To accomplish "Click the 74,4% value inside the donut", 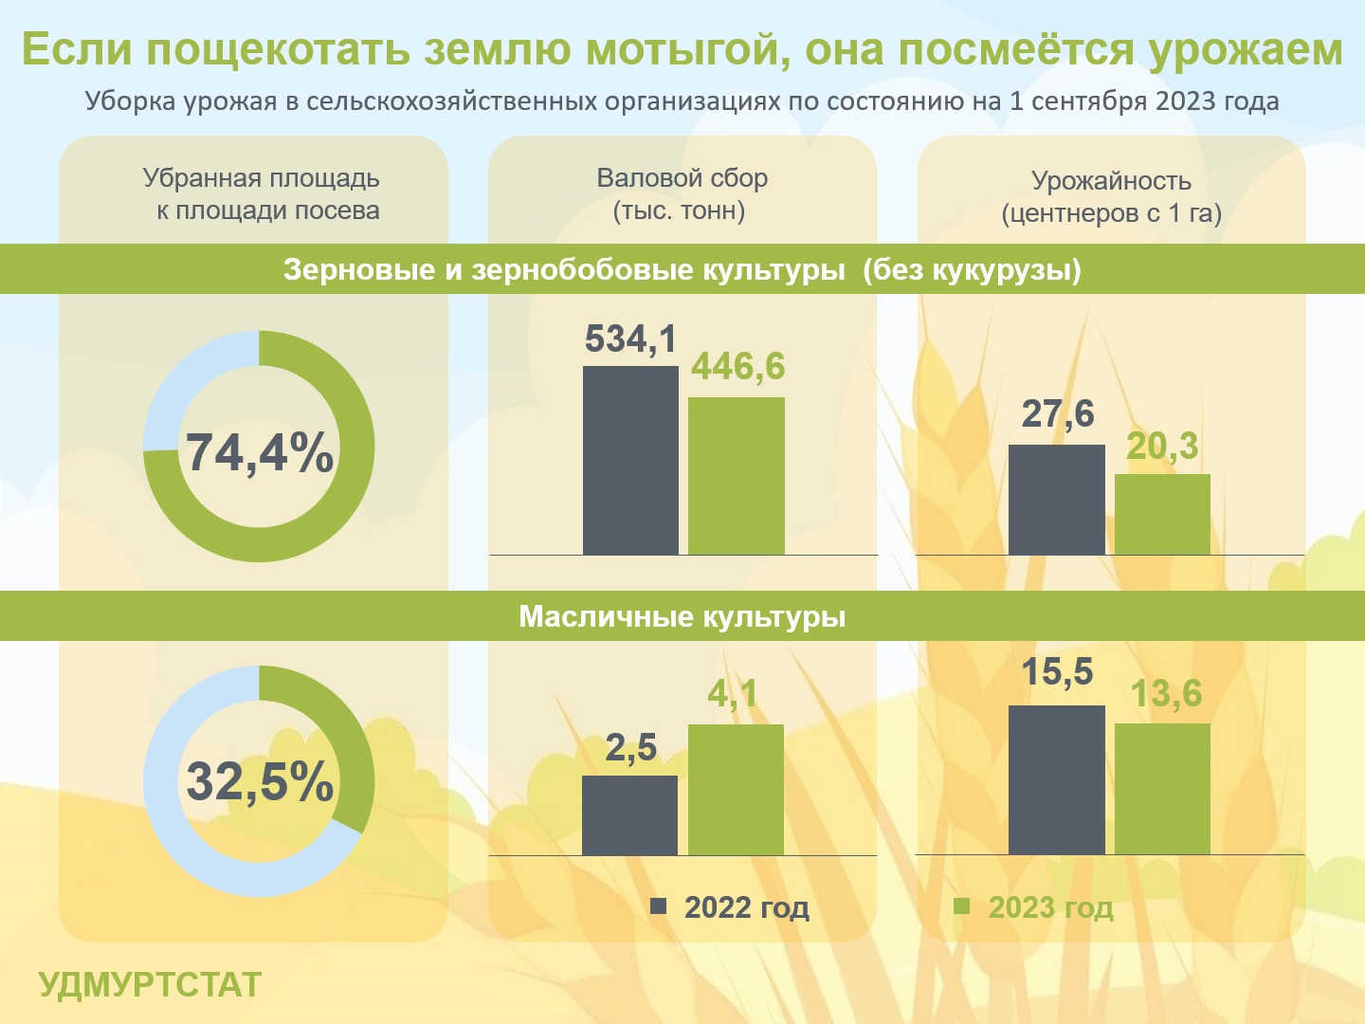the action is pyautogui.click(x=260, y=452).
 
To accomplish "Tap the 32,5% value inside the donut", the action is pyautogui.click(x=260, y=781).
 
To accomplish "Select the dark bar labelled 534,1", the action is pyautogui.click(x=630, y=460).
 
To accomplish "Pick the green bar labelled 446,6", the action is pyautogui.click(x=737, y=476).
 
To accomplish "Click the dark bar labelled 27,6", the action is pyautogui.click(x=1057, y=500).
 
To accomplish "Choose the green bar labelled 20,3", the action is pyautogui.click(x=1162, y=515).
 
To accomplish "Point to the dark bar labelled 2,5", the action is pyautogui.click(x=630, y=815).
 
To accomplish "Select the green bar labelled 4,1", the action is pyautogui.click(x=736, y=790).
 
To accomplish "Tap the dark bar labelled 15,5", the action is pyautogui.click(x=1057, y=779).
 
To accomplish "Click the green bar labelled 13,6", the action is pyautogui.click(x=1162, y=789).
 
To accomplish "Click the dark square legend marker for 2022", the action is pyautogui.click(x=658, y=906).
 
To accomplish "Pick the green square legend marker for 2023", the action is pyautogui.click(x=961, y=906).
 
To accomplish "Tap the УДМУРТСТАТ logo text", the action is pyautogui.click(x=150, y=984).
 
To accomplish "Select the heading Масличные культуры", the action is pyautogui.click(x=682, y=616).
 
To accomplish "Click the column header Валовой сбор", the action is pyautogui.click(x=682, y=178).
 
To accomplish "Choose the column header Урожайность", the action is pyautogui.click(x=1111, y=181).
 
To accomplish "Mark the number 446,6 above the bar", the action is pyautogui.click(x=738, y=366).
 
